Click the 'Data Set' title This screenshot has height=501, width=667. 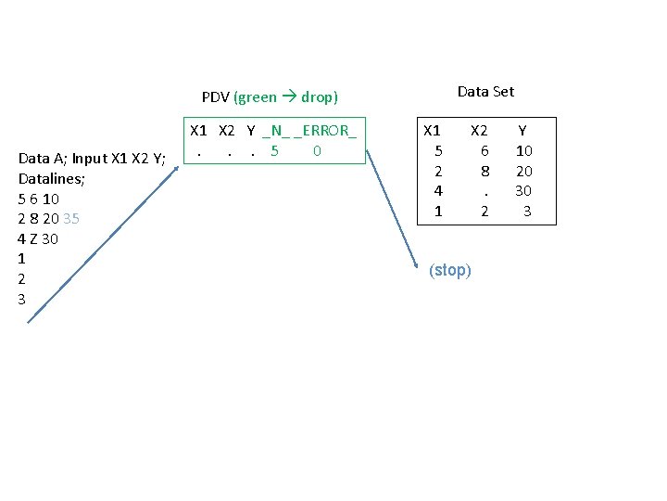[485, 91]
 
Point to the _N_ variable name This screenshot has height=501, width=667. [275, 131]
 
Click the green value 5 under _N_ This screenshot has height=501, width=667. [274, 150]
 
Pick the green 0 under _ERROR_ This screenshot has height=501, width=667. [317, 150]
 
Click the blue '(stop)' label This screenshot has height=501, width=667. [450, 271]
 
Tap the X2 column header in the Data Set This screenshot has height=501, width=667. [479, 131]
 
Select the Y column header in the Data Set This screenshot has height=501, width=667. [522, 131]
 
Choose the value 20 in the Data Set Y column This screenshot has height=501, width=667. [524, 171]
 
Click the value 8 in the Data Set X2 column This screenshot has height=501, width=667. [485, 171]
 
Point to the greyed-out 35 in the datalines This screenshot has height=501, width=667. [71, 219]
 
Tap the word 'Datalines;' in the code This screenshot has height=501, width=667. [52, 178]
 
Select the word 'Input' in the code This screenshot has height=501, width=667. [90, 159]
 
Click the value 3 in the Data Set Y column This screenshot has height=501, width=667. [527, 212]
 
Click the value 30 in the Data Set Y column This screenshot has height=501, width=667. [524, 191]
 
